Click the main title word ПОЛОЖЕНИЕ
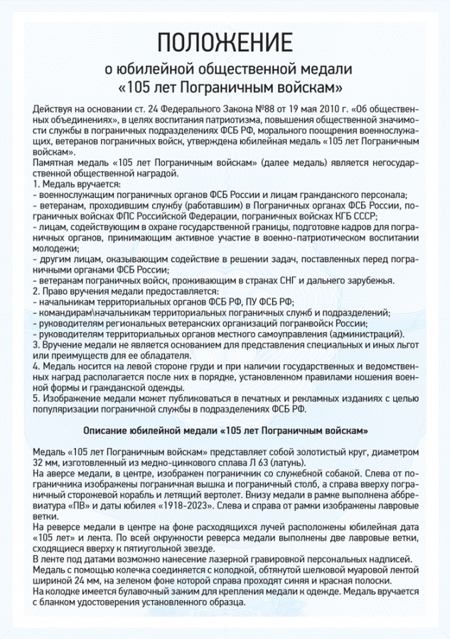pos(225,41)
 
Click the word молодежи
pos(53,248)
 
